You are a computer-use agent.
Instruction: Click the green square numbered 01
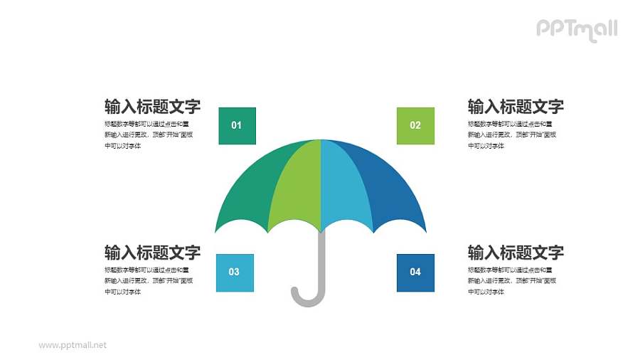click(x=237, y=126)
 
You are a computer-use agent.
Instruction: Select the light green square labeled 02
click(x=415, y=126)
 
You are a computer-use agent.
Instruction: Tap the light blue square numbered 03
click(x=234, y=272)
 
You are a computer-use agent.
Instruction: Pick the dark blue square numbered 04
click(x=415, y=272)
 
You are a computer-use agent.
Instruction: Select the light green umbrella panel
click(x=295, y=185)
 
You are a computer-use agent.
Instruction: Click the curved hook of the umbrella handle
click(x=306, y=299)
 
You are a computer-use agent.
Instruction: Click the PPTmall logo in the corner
click(x=576, y=29)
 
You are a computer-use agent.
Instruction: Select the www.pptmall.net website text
click(x=73, y=345)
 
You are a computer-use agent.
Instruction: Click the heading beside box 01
click(x=152, y=107)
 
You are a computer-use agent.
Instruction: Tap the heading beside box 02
click(x=516, y=107)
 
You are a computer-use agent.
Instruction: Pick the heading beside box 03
click(x=152, y=253)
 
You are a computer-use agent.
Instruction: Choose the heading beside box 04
click(x=516, y=253)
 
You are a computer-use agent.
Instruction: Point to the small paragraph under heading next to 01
click(x=146, y=134)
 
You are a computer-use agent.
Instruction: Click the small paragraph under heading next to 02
click(x=510, y=134)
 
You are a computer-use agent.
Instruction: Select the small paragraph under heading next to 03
click(x=146, y=280)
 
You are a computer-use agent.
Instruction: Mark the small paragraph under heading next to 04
click(x=510, y=280)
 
